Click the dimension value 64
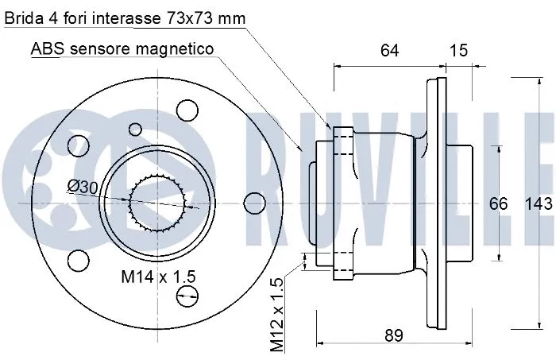[x=388, y=51]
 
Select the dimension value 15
[x=458, y=51]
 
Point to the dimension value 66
[x=498, y=203]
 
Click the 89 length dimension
[x=392, y=335]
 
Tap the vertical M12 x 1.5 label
[x=276, y=315]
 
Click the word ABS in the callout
[x=47, y=48]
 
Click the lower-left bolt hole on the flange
[x=77, y=260]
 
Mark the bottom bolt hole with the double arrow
[x=188, y=296]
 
